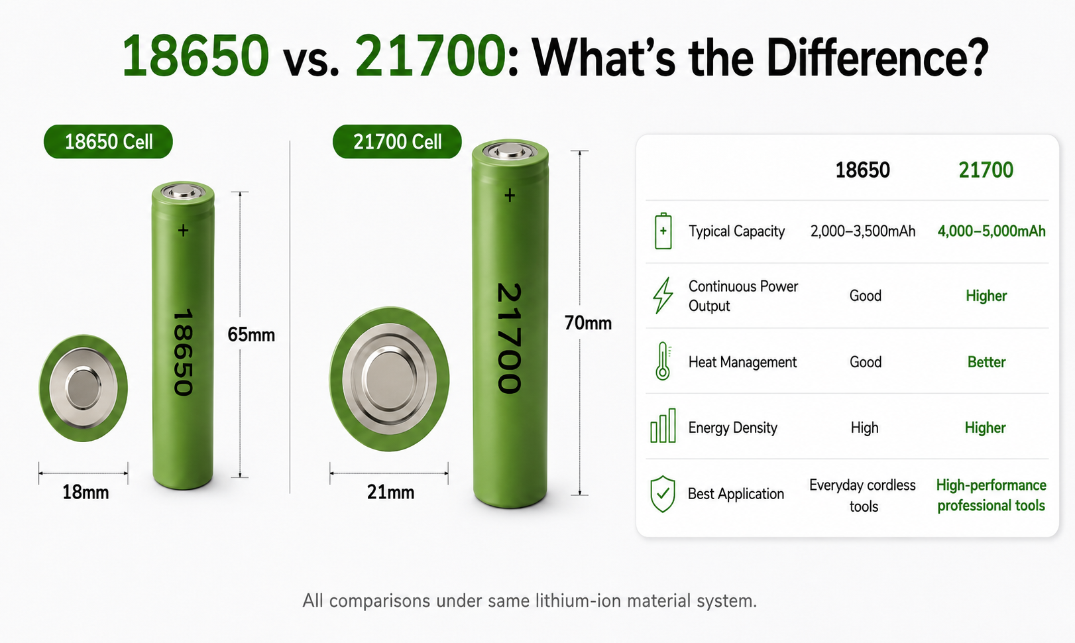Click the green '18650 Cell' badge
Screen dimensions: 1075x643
coord(108,142)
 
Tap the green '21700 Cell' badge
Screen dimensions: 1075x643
coord(397,142)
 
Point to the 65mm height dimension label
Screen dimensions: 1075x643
coord(251,335)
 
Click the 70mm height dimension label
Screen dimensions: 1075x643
coord(588,323)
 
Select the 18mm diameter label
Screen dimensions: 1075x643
coord(85,493)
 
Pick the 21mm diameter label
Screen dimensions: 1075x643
coord(390,493)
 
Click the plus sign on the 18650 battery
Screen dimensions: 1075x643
coord(183,231)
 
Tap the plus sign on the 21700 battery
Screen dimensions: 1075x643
coord(510,196)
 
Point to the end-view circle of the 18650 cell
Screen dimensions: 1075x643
coord(83,388)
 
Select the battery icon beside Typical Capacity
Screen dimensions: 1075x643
coord(663,231)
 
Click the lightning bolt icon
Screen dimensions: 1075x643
coord(663,295)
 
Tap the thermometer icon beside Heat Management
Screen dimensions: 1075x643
coord(663,361)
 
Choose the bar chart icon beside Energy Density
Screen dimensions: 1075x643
coord(663,426)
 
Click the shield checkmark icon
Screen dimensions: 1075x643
coord(663,494)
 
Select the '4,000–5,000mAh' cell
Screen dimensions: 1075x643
coord(991,231)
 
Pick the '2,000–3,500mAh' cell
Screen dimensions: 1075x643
coord(863,231)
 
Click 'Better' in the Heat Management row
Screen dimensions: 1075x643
coord(986,362)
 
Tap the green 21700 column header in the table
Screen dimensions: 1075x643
coord(986,170)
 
